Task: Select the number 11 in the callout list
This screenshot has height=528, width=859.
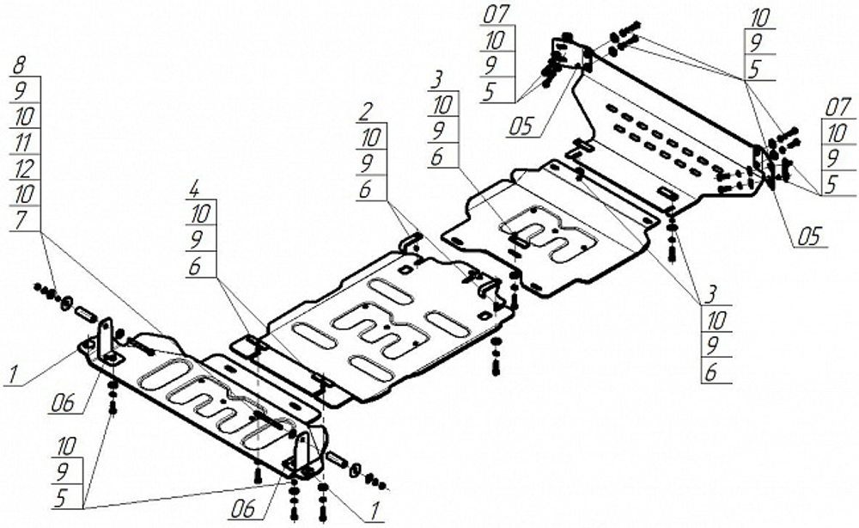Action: [23, 138]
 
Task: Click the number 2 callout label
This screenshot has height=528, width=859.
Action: [367, 111]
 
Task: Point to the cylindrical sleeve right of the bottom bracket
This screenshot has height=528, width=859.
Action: [338, 463]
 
